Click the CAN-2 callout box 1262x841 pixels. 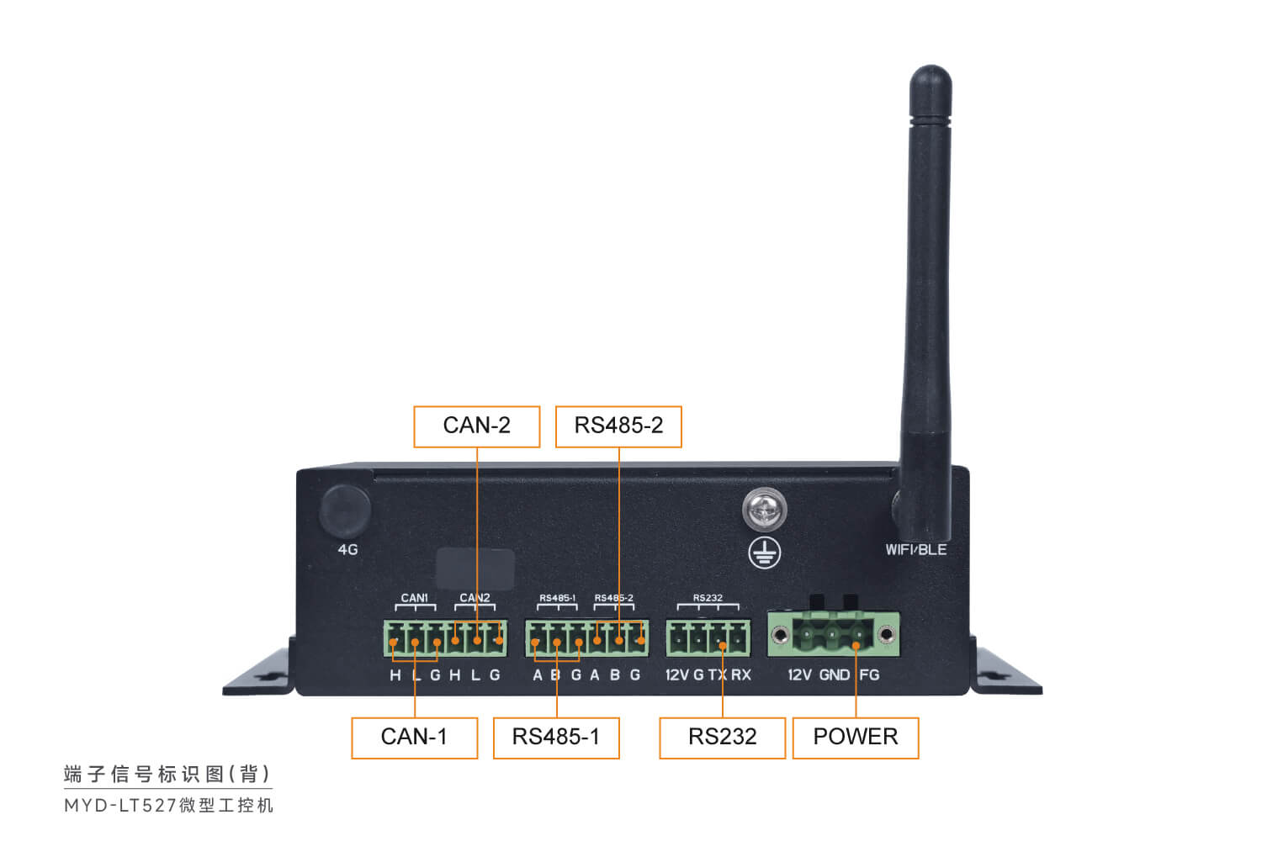click(476, 426)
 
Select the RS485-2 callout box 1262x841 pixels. click(618, 426)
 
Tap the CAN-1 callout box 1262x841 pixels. click(414, 738)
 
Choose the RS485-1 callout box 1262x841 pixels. click(556, 738)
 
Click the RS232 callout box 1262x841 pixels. click(722, 738)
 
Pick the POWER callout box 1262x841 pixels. click(855, 738)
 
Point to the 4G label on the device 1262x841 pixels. click(347, 550)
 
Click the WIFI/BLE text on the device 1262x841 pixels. click(915, 550)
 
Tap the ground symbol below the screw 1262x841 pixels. click(765, 553)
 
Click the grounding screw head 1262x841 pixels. click(764, 510)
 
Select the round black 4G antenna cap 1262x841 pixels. click(345, 510)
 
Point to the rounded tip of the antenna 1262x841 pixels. click(931, 80)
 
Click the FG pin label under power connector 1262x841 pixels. click(869, 674)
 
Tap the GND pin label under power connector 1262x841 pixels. click(834, 674)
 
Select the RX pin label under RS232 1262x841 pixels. click(741, 674)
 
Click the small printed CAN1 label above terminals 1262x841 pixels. click(414, 598)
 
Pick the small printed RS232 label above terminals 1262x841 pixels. click(708, 598)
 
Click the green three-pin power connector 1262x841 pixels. click(833, 634)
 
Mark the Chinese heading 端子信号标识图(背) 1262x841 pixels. click(167, 774)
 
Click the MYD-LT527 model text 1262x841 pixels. click(120, 806)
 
